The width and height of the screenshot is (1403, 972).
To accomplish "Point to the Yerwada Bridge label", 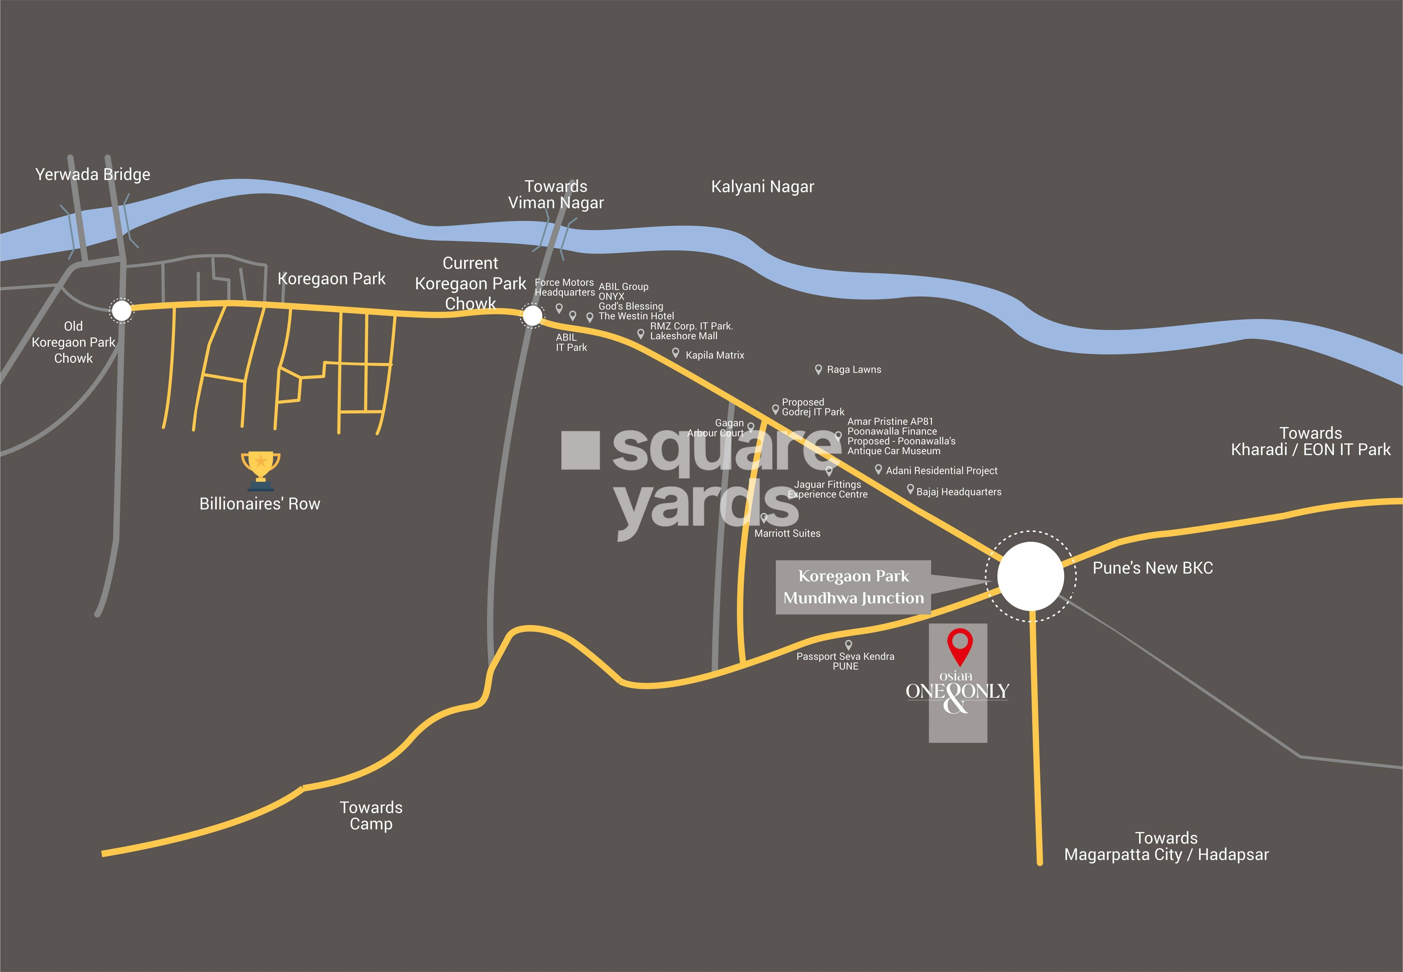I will pos(93,175).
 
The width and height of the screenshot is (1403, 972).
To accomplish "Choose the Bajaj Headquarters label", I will pos(959,492).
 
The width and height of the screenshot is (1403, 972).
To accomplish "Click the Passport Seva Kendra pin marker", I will pos(848,644).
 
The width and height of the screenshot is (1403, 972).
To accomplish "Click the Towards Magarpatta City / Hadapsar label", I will pos(1166,847).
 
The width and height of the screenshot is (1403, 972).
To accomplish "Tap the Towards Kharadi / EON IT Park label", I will pos(1310,441).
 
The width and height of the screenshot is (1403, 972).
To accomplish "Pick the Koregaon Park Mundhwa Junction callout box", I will pos(853,587).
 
